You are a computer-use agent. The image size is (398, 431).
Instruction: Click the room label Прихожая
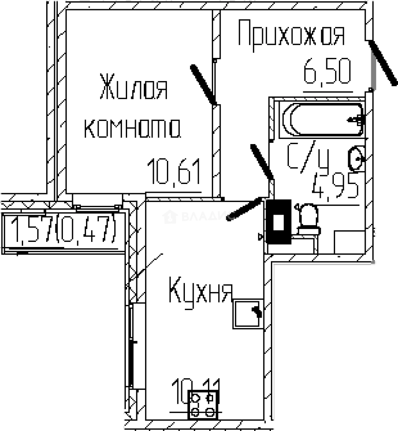click(x=291, y=35)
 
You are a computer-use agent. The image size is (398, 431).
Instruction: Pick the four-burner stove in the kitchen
click(x=203, y=405)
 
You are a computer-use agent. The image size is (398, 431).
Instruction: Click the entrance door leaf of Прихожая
click(x=382, y=63)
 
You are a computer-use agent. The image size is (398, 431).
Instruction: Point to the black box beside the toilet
click(x=279, y=221)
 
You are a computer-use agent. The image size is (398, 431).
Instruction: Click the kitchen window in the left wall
click(x=132, y=345)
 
